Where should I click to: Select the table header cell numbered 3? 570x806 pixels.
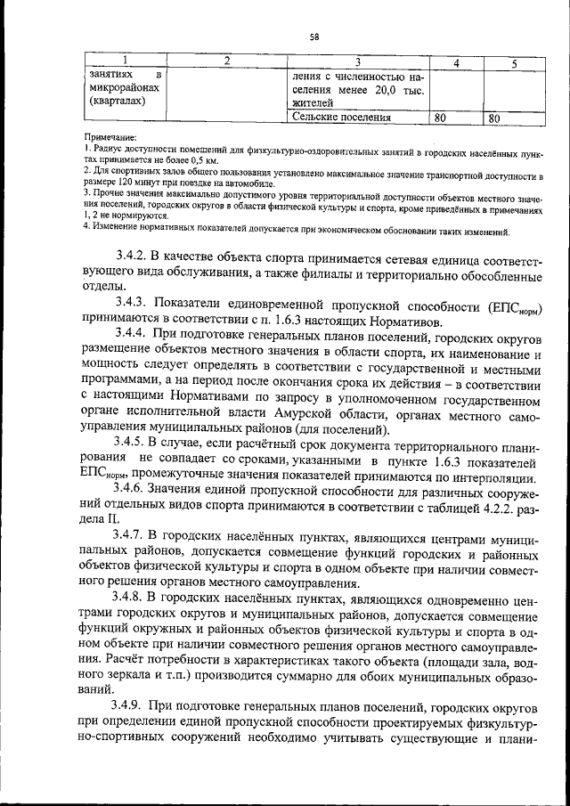tap(357, 61)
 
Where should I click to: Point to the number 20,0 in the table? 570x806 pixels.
tap(384, 90)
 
